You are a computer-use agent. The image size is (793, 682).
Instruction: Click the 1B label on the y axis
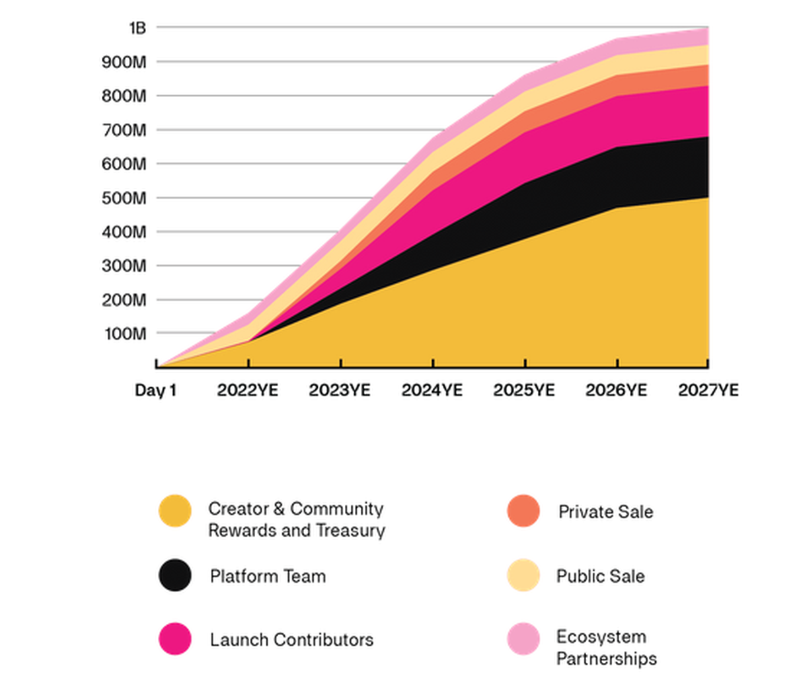[x=137, y=28]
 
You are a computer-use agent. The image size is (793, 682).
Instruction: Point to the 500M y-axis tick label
[x=124, y=198]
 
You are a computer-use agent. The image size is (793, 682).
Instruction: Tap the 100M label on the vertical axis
[x=125, y=334]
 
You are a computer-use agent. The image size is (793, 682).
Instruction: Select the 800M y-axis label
[x=124, y=96]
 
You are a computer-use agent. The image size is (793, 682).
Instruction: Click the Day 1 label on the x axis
[x=155, y=391]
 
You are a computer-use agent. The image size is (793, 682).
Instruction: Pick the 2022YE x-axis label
[x=248, y=391]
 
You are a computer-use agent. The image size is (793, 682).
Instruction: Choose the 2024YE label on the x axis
[x=432, y=391]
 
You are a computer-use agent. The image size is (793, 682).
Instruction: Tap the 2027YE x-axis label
[x=708, y=391]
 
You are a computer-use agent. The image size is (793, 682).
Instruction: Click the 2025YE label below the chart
[x=524, y=391]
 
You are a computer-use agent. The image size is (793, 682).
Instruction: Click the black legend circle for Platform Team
[x=175, y=576]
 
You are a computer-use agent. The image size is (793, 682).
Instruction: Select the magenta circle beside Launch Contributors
[x=175, y=639]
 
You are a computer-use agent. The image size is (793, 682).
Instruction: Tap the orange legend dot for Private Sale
[x=523, y=511]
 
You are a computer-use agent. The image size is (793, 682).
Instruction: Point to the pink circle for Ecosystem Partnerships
[x=523, y=638]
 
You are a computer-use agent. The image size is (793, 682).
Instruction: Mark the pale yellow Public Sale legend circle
[x=523, y=575]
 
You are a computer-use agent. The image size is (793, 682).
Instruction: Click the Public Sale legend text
[x=600, y=576]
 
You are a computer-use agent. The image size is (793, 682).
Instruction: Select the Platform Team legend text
[x=268, y=576]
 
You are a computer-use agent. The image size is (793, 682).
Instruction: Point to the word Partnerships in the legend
[x=607, y=659]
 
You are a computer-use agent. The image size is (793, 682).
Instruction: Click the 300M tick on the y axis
[x=124, y=266]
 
